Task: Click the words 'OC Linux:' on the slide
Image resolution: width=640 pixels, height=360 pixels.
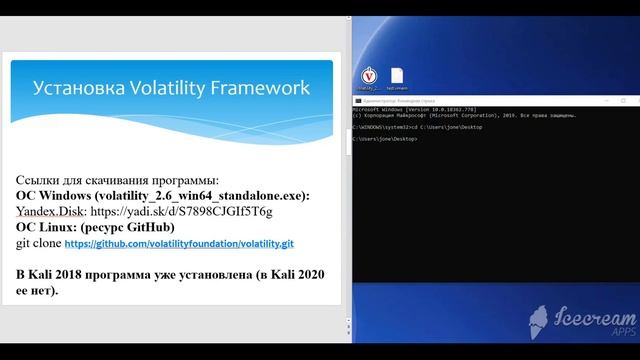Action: pos(47,227)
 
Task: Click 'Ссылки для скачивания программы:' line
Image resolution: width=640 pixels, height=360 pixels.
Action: pos(116,180)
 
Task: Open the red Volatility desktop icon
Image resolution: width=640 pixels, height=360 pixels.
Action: pos(368,76)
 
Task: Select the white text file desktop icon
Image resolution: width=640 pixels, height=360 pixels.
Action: pos(397,76)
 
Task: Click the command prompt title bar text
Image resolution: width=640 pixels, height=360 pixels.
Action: pos(400,101)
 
